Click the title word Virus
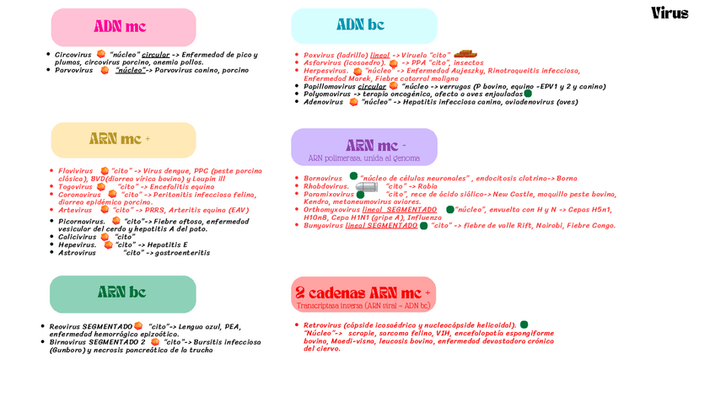(669, 13)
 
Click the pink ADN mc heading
(120, 27)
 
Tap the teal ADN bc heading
(360, 24)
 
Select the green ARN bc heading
(121, 292)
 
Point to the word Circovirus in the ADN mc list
(73, 55)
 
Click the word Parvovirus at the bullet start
(73, 71)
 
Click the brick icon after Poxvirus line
(465, 54)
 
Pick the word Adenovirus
(324, 102)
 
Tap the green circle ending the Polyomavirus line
(528, 94)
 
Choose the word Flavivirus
(75, 171)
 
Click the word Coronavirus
(79, 195)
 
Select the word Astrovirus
(77, 253)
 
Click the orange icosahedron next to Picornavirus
(116, 221)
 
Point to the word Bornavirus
(323, 179)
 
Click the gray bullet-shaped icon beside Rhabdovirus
(367, 186)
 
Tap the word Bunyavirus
(324, 226)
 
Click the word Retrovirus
(322, 325)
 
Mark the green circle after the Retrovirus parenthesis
(524, 324)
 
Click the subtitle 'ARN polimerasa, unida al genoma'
(363, 158)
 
